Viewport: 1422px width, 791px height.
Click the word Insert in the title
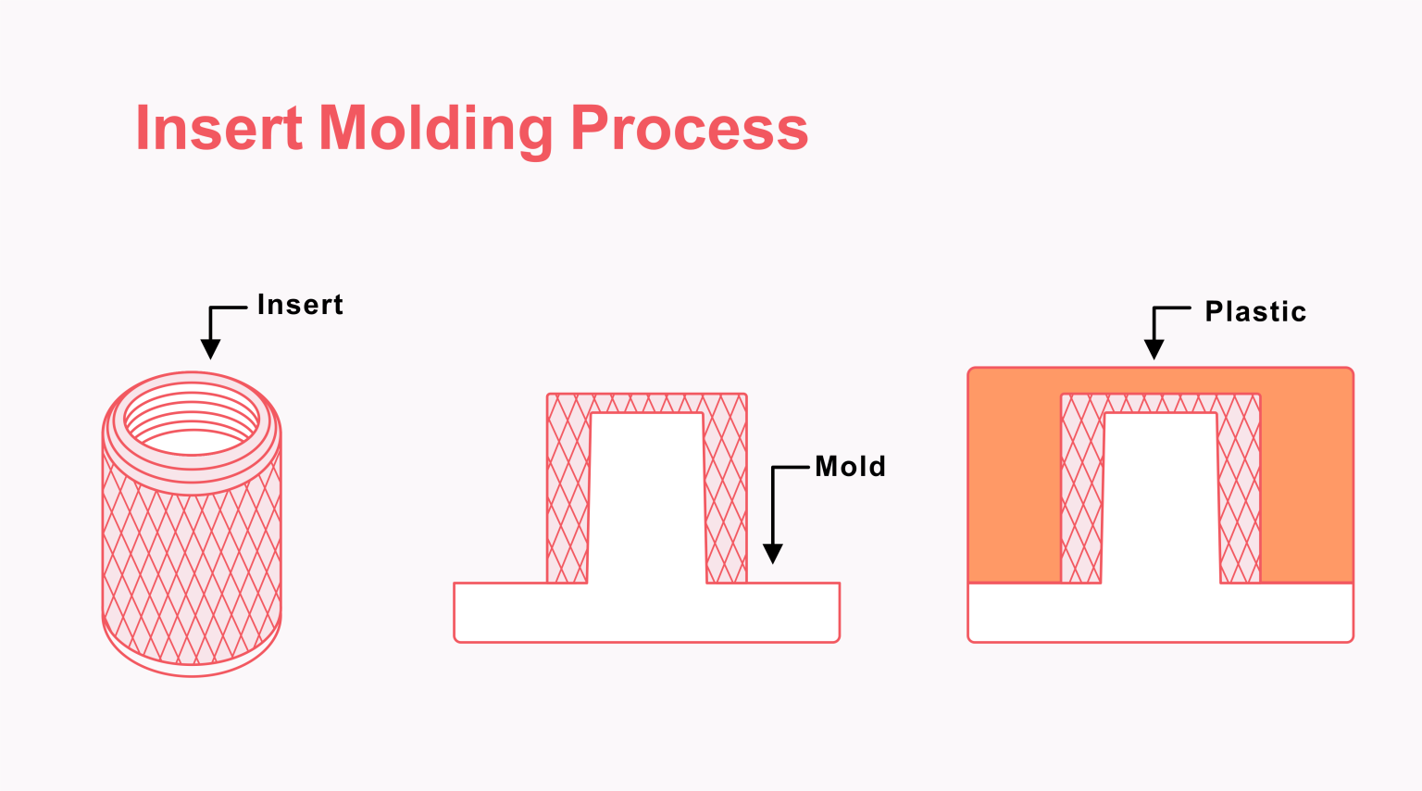(x=218, y=128)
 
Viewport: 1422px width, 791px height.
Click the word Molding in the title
(x=435, y=128)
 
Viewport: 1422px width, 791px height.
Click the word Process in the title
(x=689, y=128)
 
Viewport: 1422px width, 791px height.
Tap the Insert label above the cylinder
(x=300, y=305)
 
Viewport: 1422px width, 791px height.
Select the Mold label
(x=850, y=466)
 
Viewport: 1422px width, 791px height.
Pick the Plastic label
(x=1255, y=312)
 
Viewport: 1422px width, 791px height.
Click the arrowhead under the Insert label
(x=211, y=349)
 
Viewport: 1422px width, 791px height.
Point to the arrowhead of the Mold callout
(x=773, y=554)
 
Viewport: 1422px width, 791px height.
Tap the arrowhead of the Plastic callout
(x=1154, y=349)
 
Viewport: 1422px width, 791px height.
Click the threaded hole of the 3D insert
(x=192, y=425)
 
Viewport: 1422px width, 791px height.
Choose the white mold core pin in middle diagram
(x=646, y=500)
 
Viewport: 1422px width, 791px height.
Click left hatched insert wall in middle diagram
(x=568, y=491)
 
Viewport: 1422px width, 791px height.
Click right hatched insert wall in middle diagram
(x=726, y=491)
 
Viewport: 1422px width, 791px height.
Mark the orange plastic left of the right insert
(x=1014, y=482)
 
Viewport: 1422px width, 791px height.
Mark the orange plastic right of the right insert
(x=1306, y=482)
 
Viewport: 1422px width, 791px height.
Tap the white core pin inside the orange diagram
(x=1161, y=500)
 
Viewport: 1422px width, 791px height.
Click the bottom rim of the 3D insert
(x=192, y=669)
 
